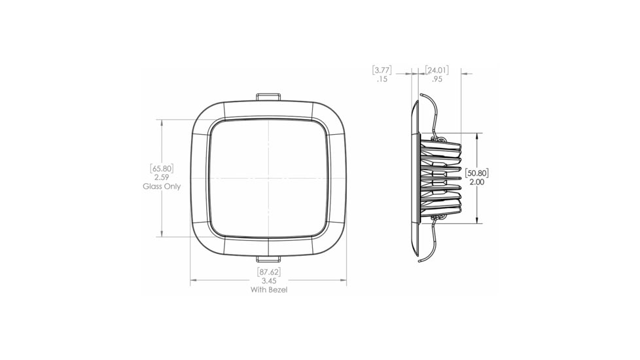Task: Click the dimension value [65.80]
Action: click(162, 168)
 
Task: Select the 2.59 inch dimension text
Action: click(162, 177)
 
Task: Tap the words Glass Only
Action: click(162, 187)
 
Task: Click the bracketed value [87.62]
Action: click(269, 272)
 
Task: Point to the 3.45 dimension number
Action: click(269, 281)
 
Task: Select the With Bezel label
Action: click(269, 289)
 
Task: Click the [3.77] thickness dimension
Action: click(382, 70)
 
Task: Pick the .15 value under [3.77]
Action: click(382, 79)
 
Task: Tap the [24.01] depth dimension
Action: click(436, 70)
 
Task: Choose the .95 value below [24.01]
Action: click(436, 79)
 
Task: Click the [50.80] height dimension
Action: click(477, 173)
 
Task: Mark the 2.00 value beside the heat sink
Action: click(477, 182)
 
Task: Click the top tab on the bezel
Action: click(269, 97)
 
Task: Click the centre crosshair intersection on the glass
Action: click(269, 178)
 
